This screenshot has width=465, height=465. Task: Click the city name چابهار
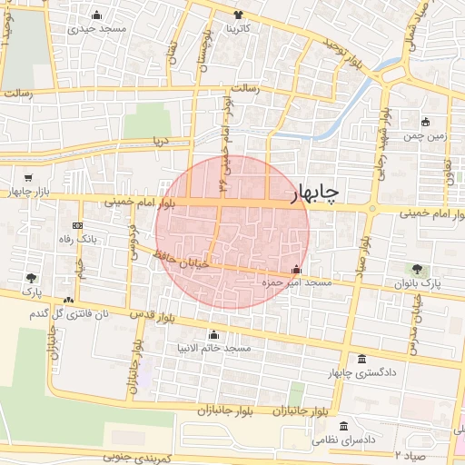[314, 192]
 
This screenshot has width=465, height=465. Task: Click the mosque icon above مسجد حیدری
[97, 15]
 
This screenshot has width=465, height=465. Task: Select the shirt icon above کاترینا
[239, 15]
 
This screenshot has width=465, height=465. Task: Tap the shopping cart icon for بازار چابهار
[29, 178]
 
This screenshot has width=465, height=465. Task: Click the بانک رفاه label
[77, 239]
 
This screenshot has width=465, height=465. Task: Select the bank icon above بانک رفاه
[77, 225]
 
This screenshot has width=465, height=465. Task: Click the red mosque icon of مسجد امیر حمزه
[295, 270]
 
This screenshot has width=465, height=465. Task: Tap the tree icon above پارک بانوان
[417, 269]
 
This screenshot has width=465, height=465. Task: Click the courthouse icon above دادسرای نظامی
[343, 426]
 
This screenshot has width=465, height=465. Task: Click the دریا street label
[161, 141]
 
